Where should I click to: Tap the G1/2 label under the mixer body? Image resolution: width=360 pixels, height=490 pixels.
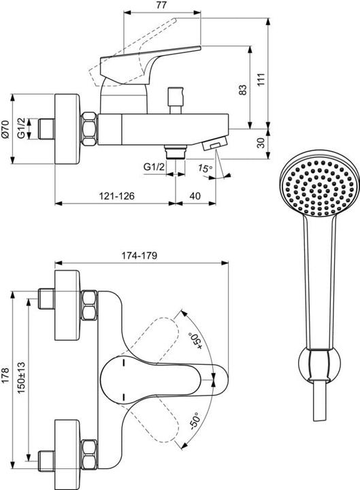pos(154,167)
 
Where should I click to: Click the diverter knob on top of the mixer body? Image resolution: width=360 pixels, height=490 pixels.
pos(181,92)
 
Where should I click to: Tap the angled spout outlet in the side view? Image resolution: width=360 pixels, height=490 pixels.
pos(216,144)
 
